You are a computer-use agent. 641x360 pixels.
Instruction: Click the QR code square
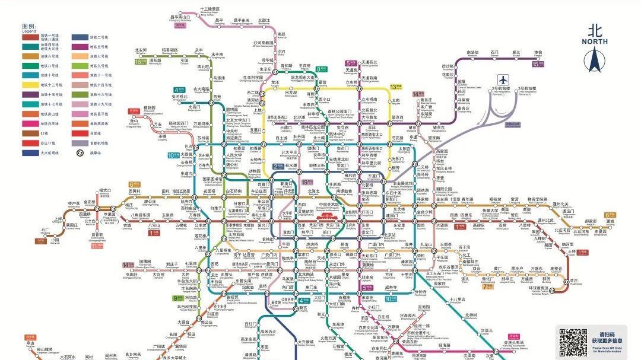tap(573, 342)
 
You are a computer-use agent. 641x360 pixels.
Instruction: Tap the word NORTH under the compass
tap(594, 42)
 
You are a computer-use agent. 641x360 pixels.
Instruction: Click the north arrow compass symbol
tap(594, 60)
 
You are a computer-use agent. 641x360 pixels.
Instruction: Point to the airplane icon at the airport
tap(504, 79)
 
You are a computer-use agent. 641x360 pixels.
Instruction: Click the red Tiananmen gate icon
tap(326, 218)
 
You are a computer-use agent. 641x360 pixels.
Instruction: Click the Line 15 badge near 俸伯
tap(538, 63)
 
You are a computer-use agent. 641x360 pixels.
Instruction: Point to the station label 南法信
tap(472, 53)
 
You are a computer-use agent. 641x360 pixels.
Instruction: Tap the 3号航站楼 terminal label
tap(526, 89)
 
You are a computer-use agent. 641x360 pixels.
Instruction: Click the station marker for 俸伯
tap(538, 58)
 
